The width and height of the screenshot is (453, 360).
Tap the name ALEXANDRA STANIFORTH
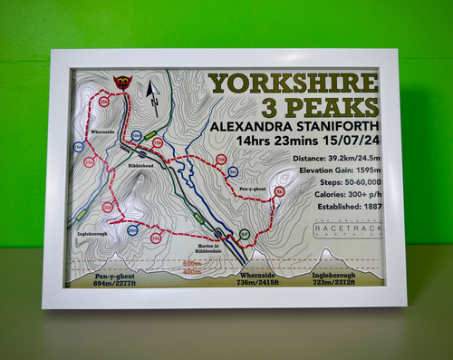[x=293, y=126]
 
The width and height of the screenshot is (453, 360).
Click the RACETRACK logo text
[x=347, y=232]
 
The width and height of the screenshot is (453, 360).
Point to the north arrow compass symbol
[x=152, y=93]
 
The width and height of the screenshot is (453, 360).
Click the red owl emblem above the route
[x=120, y=83]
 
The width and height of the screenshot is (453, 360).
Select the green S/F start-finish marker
[x=243, y=235]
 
